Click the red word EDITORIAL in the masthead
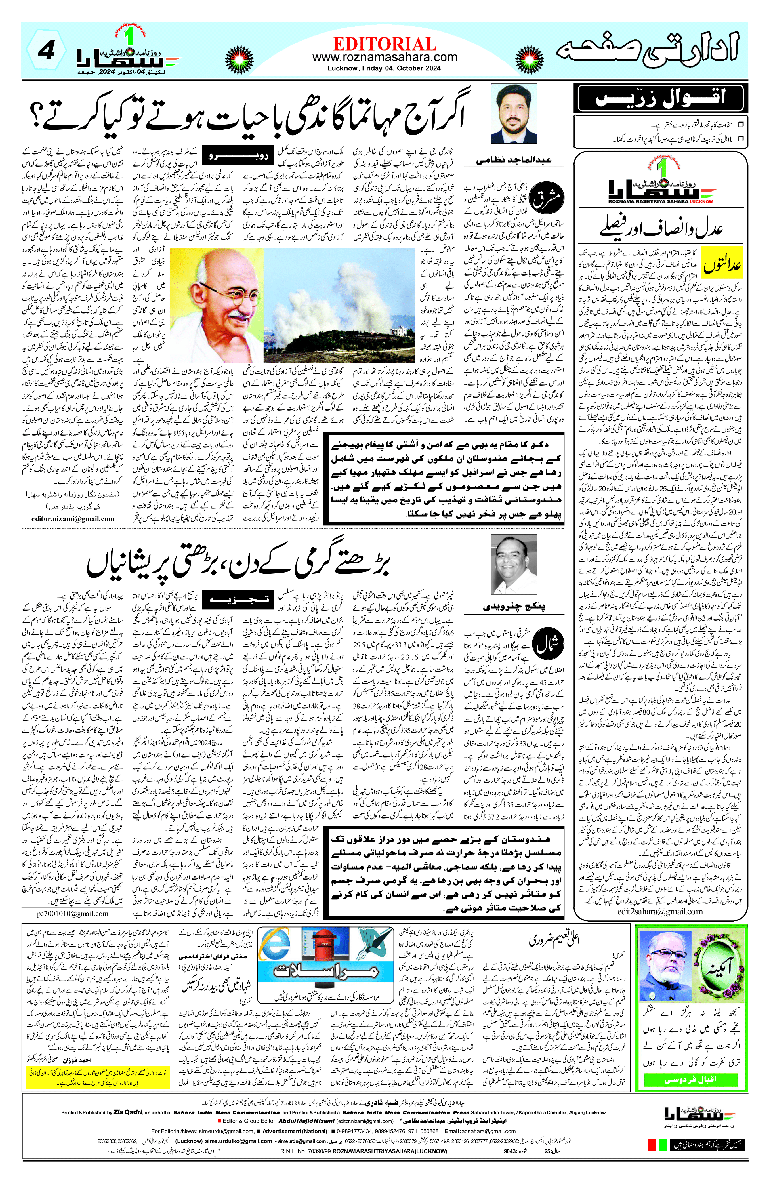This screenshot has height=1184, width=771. (385, 44)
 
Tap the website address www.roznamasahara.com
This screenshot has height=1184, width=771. (385, 57)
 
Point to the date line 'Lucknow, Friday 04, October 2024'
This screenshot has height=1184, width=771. (385, 69)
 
